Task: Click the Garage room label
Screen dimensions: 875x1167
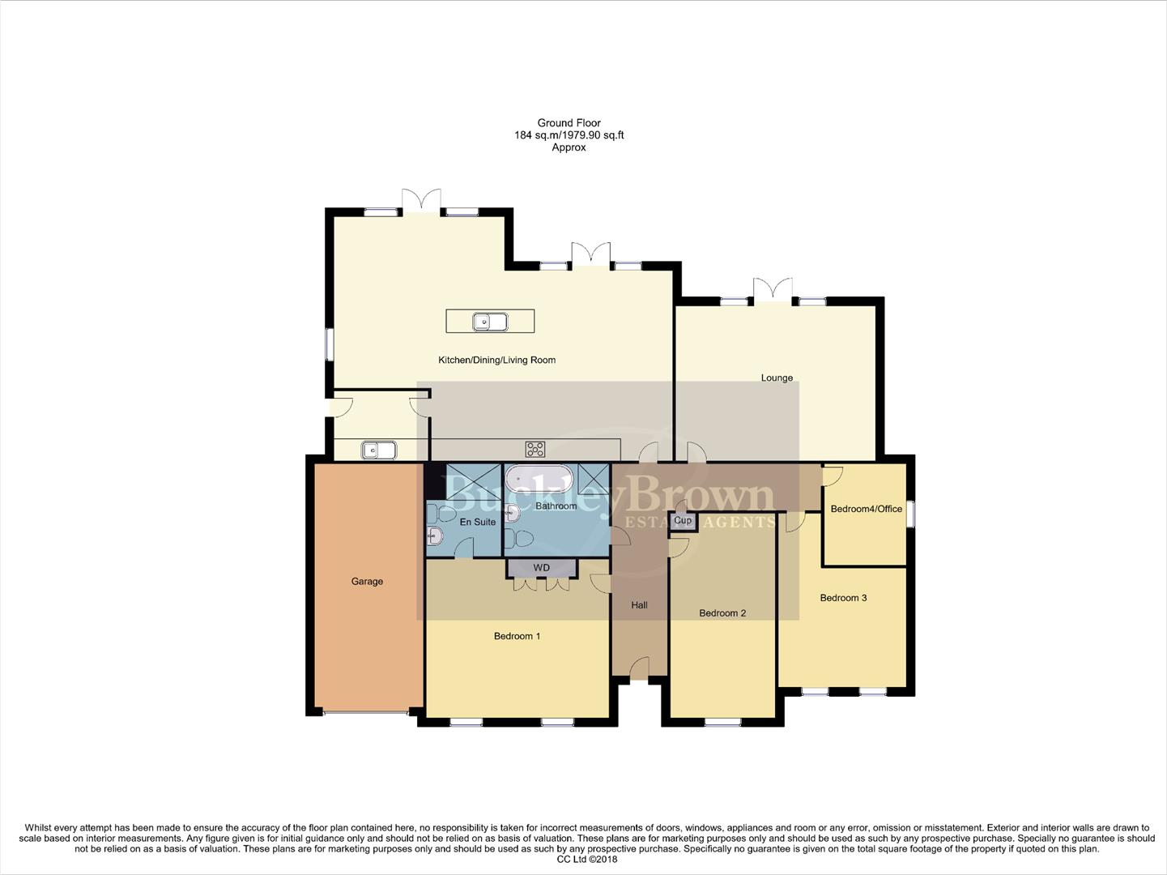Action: [x=367, y=581]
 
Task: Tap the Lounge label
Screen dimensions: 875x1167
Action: [x=776, y=378]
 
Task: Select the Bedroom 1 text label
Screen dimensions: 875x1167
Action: [x=517, y=636]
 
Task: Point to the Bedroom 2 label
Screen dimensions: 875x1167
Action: [x=722, y=613]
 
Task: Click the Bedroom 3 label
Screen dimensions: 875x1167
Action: [x=843, y=598]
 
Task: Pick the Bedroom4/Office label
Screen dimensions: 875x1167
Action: [x=866, y=509]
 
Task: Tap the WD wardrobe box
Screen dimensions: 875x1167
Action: [x=542, y=568]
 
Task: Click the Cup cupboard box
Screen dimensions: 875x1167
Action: [x=683, y=521]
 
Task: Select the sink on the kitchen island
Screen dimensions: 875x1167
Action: [x=490, y=322]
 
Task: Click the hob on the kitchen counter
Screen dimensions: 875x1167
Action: [x=535, y=449]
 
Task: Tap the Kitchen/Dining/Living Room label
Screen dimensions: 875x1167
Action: [x=496, y=360]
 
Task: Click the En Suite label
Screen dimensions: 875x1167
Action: [x=477, y=522]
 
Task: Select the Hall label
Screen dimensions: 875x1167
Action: [x=639, y=605]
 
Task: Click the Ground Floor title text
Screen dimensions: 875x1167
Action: [x=569, y=123]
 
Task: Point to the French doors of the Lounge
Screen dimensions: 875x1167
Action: [x=773, y=291]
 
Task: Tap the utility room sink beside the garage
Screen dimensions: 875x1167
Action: [x=378, y=450]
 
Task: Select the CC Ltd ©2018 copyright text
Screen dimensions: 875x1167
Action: [x=582, y=860]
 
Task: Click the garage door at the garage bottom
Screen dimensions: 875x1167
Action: [x=366, y=713]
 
